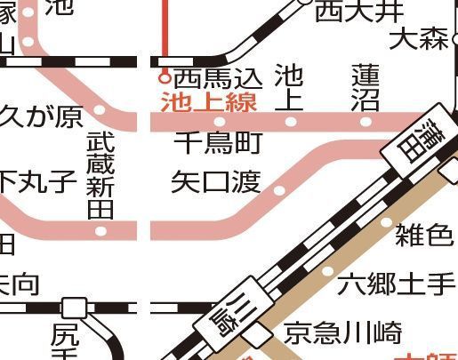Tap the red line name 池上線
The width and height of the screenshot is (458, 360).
208,101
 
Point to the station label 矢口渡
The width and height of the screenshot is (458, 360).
216,182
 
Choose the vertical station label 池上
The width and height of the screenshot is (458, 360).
288,86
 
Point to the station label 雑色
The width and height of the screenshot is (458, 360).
423,236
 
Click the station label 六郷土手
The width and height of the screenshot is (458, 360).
397,284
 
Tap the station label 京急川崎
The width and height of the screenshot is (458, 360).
342,332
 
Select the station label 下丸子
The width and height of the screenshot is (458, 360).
37,182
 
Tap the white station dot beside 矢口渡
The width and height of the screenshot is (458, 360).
280,190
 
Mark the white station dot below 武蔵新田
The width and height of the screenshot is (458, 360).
100,231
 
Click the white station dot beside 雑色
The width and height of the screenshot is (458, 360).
386,221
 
